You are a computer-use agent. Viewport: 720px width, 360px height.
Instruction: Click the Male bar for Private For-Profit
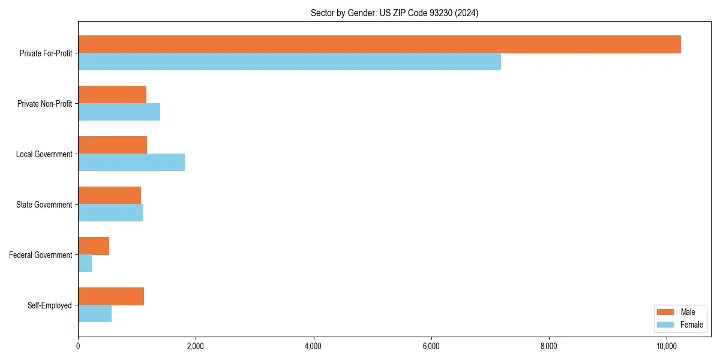pyautogui.click(x=379, y=44)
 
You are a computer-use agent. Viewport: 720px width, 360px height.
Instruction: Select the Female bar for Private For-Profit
pyautogui.click(x=289, y=62)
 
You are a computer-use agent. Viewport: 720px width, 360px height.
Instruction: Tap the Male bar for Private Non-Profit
pyautogui.click(x=112, y=95)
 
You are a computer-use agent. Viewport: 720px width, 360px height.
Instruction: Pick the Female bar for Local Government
pyautogui.click(x=131, y=163)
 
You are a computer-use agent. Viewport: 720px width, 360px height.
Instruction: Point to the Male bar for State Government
pyautogui.click(x=109, y=196)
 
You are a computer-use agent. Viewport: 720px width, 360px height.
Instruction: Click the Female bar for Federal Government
pyautogui.click(x=85, y=263)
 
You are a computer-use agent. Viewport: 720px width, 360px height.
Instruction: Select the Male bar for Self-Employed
pyautogui.click(x=111, y=296)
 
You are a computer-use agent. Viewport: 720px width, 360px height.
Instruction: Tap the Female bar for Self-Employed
pyautogui.click(x=95, y=314)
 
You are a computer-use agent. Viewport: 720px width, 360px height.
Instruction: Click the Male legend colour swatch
pyautogui.click(x=666, y=312)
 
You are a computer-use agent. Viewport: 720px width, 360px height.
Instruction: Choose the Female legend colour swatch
pyautogui.click(x=666, y=325)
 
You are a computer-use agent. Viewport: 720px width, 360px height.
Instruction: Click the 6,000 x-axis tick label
pyautogui.click(x=431, y=346)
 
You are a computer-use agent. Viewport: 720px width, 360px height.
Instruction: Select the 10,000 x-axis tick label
pyautogui.click(x=667, y=346)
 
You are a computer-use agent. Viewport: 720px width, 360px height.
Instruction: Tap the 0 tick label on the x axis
pyautogui.click(x=78, y=346)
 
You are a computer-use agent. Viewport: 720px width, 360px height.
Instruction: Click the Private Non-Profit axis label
pyautogui.click(x=44, y=104)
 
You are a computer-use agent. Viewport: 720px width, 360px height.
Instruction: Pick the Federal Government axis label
pyautogui.click(x=41, y=255)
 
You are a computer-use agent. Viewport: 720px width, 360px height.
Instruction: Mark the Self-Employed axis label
pyautogui.click(x=50, y=305)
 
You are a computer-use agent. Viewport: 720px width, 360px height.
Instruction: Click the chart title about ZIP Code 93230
pyautogui.click(x=394, y=13)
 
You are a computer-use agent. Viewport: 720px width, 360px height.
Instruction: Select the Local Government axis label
pyautogui.click(x=44, y=154)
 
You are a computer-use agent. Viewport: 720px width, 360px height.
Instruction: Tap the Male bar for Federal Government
pyautogui.click(x=94, y=246)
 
